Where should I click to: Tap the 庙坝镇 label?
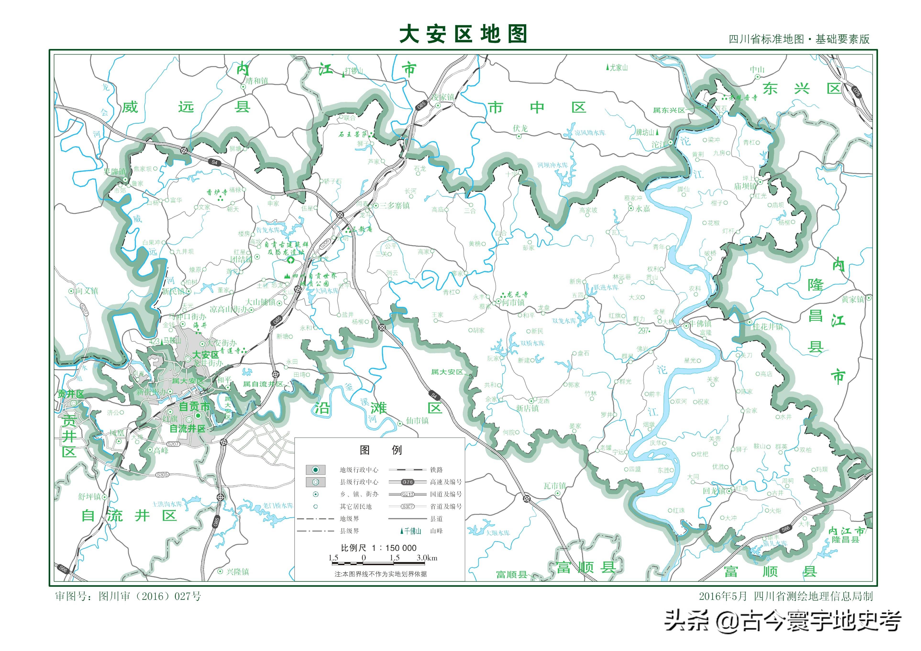pyautogui.click(x=745, y=186)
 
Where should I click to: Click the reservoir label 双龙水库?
pyautogui.click(x=564, y=321)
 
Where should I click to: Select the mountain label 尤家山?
pyautogui.click(x=618, y=68)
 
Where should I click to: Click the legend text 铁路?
pyautogui.click(x=436, y=470)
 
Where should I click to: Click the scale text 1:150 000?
pyautogui.click(x=378, y=548)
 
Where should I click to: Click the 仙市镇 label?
pyautogui.click(x=417, y=420)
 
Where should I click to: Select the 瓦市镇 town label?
pyautogui.click(x=555, y=486)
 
